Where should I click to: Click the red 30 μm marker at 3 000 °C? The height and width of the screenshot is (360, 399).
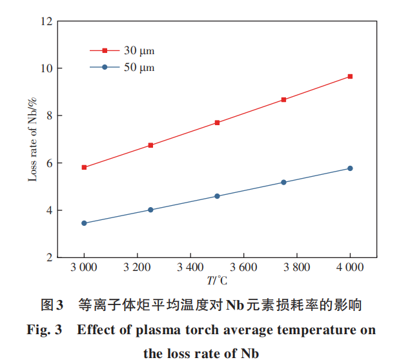84,167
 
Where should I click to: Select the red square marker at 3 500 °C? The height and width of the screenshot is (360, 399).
217,123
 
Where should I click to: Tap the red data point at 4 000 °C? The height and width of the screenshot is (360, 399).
350,76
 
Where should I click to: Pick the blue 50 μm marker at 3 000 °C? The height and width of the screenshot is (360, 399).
84,223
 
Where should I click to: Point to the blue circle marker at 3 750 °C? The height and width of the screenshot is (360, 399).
283,183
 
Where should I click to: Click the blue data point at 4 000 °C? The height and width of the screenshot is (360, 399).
350,168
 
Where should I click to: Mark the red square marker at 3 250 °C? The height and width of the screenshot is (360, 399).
150,145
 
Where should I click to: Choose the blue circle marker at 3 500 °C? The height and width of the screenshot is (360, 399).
217,196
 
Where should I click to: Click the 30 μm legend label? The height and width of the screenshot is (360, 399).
139,50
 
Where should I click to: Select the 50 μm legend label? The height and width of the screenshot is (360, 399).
139,67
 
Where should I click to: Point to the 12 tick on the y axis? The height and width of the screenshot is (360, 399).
45,21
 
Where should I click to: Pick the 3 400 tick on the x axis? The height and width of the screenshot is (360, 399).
190,267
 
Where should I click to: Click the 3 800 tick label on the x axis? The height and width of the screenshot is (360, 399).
297,267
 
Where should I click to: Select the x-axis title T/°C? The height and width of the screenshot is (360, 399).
217,281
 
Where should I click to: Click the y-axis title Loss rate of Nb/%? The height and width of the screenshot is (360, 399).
32,139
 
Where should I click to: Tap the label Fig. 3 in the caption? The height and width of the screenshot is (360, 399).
45,330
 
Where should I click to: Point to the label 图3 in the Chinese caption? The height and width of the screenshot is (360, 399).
51,304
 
